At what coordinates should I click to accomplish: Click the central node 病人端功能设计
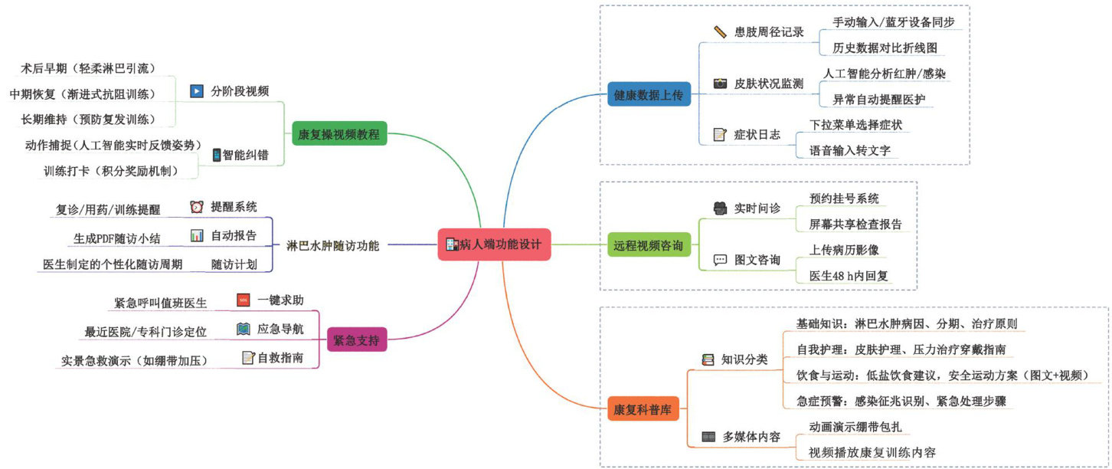pyautogui.click(x=494, y=245)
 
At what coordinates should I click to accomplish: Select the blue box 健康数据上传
pyautogui.click(x=648, y=95)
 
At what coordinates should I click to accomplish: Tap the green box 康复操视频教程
pyautogui.click(x=340, y=136)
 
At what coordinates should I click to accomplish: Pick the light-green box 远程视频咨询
pyautogui.click(x=648, y=246)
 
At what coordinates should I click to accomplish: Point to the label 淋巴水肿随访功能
pyautogui.click(x=332, y=246)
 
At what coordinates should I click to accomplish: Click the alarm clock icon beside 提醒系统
pyautogui.click(x=197, y=207)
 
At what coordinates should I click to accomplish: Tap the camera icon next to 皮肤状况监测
pyautogui.click(x=720, y=84)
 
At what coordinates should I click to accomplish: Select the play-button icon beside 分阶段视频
pyautogui.click(x=197, y=90)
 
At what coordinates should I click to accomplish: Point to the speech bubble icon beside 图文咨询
pyautogui.click(x=720, y=260)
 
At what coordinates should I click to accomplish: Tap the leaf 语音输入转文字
pyautogui.click(x=849, y=150)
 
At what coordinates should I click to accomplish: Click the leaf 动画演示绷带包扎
pyautogui.click(x=859, y=426)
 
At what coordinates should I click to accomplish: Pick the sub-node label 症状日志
pyautogui.click(x=757, y=135)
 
